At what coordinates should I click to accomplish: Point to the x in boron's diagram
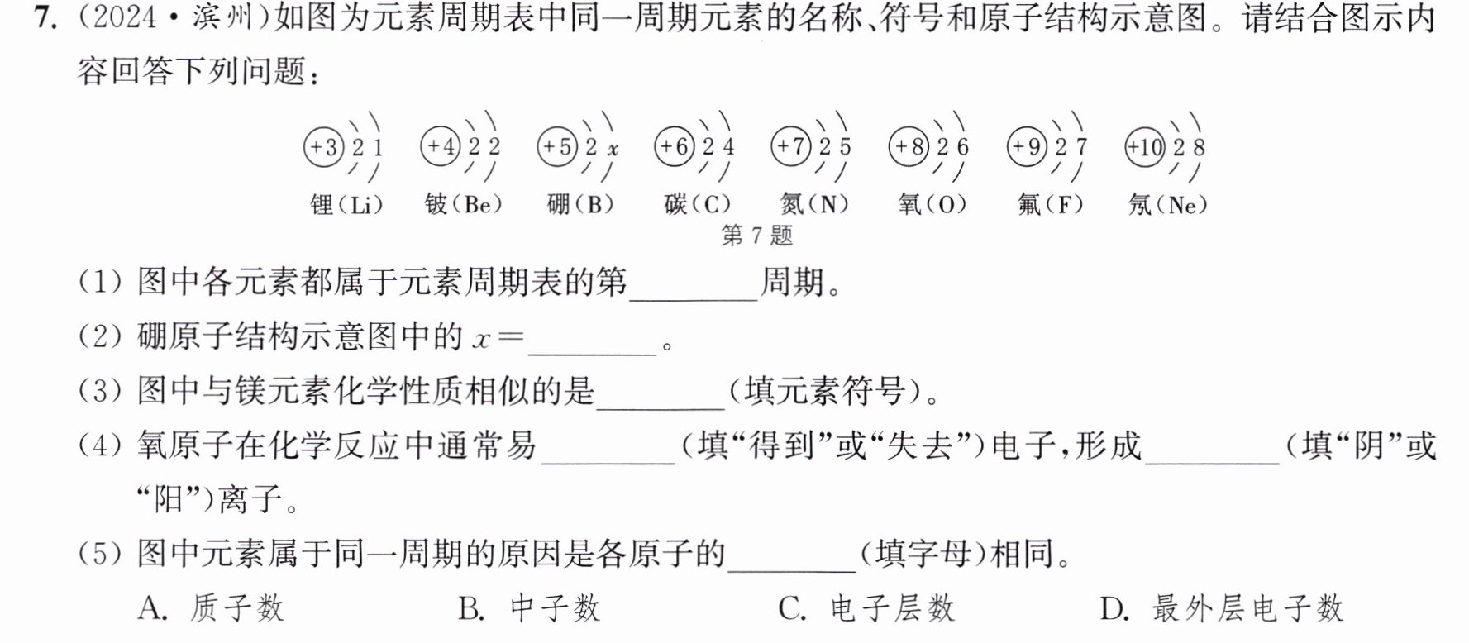tap(613, 150)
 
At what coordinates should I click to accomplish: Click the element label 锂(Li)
tap(347, 204)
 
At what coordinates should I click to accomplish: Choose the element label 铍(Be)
tap(464, 204)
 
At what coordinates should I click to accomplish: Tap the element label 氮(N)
tap(815, 204)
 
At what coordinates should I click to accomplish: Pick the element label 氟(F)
tap(1050, 204)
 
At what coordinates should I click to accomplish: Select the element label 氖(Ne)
tap(1168, 204)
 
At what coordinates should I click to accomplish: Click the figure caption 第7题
tap(757, 236)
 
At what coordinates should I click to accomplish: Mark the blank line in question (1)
tap(694, 300)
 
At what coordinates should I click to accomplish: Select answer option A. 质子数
tap(212, 609)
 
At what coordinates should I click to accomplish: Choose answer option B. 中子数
tap(529, 609)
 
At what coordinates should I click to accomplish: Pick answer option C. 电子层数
tap(866, 609)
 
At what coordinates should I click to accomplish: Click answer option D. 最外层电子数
tap(1222, 609)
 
